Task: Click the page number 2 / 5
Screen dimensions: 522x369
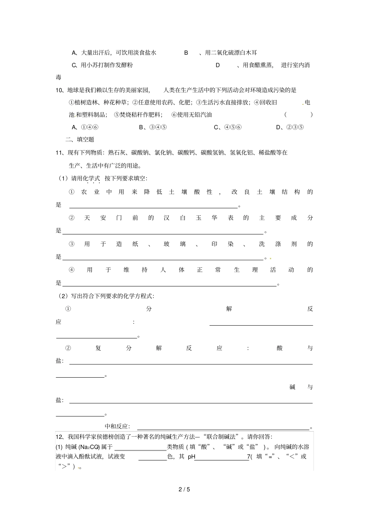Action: tap(184, 489)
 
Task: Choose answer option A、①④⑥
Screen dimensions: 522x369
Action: tap(85, 127)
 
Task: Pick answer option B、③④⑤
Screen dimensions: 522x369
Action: tap(153, 127)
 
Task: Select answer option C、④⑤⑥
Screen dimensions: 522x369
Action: tap(228, 127)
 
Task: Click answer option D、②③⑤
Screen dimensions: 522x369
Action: tap(290, 127)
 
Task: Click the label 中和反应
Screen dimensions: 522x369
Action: tap(116, 426)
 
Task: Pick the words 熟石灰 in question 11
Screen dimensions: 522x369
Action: tap(117, 153)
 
